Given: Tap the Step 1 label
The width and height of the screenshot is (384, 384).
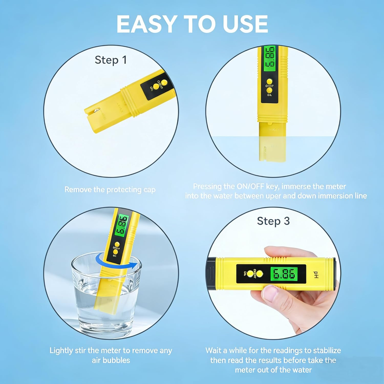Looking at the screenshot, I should click(111, 60).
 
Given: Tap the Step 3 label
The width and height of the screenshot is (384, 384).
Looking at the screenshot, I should click(273, 221).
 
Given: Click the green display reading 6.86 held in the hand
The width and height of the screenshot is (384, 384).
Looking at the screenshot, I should click(284, 274).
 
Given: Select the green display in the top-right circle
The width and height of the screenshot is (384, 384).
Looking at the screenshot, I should click(270, 59).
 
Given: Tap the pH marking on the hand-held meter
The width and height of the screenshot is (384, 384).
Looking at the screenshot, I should click(316, 275).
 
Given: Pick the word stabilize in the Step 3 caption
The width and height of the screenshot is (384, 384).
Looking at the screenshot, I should click(327, 350).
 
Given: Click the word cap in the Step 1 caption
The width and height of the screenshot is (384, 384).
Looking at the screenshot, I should click(149, 190).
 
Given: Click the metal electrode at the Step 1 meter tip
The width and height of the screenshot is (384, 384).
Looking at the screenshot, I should click(97, 111).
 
